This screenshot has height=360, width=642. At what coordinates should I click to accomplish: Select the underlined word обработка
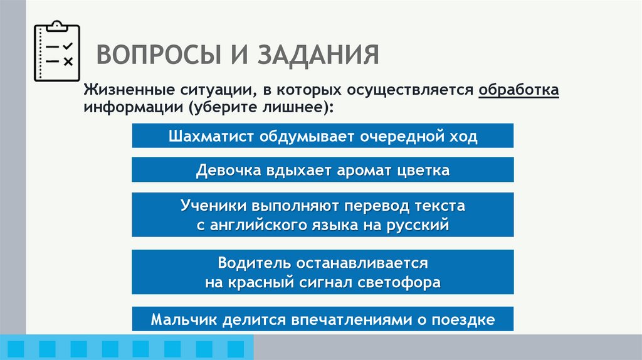point(518,90)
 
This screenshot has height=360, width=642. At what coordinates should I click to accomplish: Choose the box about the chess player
point(322,136)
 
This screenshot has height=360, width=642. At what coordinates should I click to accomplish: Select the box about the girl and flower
point(322,170)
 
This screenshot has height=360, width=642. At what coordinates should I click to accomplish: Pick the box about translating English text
point(322,214)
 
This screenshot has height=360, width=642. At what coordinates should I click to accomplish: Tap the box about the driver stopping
point(322,272)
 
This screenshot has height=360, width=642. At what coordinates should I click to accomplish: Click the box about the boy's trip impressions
point(322,319)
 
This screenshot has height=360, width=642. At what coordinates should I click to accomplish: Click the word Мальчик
point(181,319)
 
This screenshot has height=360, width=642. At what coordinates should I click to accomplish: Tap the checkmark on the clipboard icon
point(68,46)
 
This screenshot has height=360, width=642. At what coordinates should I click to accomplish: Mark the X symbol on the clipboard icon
point(68,61)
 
